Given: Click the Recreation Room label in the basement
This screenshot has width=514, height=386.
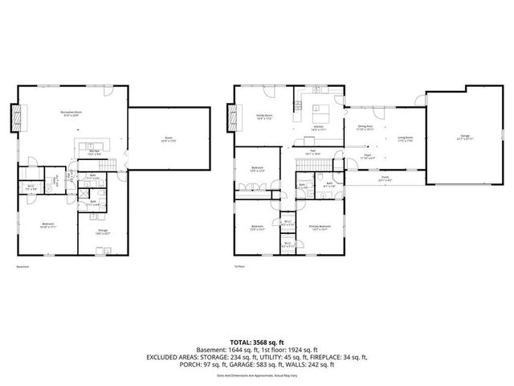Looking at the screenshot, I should tap(73, 114).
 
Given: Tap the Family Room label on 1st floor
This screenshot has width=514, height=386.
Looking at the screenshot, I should tap(266, 116).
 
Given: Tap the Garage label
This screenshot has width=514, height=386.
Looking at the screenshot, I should tap(464, 138).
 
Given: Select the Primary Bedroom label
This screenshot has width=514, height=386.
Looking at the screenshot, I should tap(320, 227).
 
